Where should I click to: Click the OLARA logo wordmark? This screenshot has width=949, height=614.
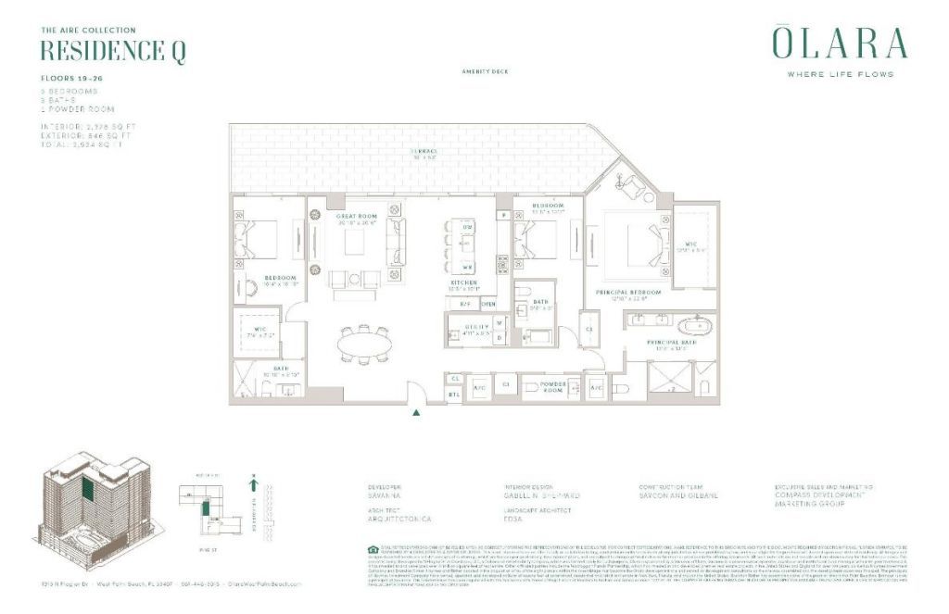tap(840, 44)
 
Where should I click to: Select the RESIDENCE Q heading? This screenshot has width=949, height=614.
tap(113, 52)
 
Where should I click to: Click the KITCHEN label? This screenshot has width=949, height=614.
tap(463, 282)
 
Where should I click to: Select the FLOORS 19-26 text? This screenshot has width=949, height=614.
tap(71, 80)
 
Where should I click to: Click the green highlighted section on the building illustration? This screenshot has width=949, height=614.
tap(88, 491)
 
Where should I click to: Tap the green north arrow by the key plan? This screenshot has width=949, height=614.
tap(252, 482)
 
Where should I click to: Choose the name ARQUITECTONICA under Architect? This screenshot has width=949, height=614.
tap(400, 520)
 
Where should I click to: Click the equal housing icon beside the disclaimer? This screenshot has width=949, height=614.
tap(373, 549)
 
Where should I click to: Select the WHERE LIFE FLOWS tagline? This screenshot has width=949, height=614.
tap(840, 74)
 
